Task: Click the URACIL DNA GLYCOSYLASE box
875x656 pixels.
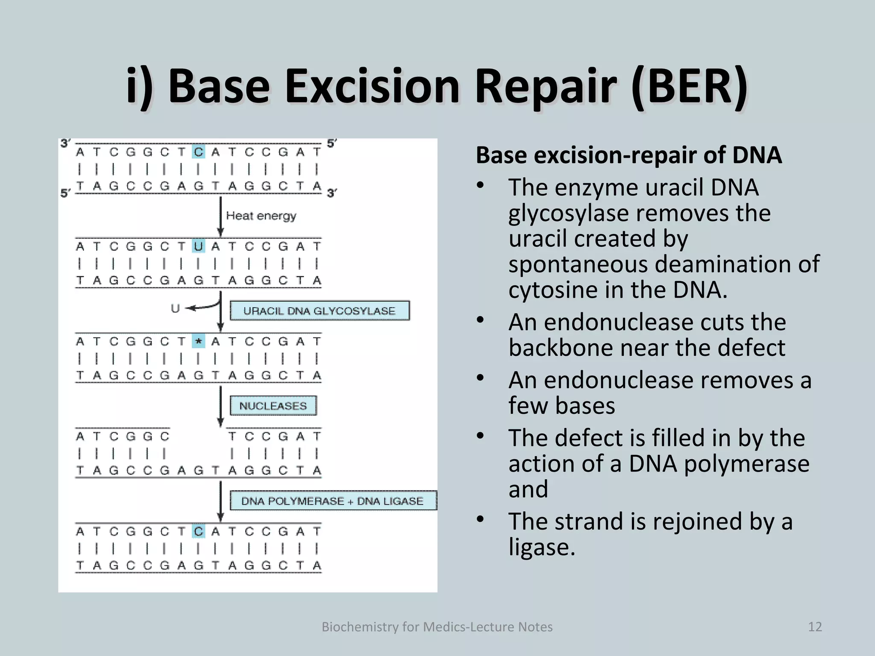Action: (x=319, y=310)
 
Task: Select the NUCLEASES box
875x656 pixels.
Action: (x=273, y=406)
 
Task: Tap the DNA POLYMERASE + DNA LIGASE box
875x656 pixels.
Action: (x=332, y=501)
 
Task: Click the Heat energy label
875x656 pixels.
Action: (x=261, y=216)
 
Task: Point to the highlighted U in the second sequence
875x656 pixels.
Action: (x=198, y=246)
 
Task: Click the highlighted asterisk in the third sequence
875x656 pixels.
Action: (x=198, y=341)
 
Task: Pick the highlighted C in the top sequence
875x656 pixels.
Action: (x=198, y=152)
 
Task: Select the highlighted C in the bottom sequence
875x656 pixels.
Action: (x=198, y=531)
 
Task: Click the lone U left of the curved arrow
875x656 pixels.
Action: (x=175, y=308)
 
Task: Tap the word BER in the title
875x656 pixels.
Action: (x=689, y=86)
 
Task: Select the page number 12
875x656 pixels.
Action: (x=815, y=627)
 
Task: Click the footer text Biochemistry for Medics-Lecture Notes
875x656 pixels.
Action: (x=437, y=627)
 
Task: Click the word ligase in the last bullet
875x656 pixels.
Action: (x=541, y=547)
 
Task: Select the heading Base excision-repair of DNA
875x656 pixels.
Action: (x=628, y=155)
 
